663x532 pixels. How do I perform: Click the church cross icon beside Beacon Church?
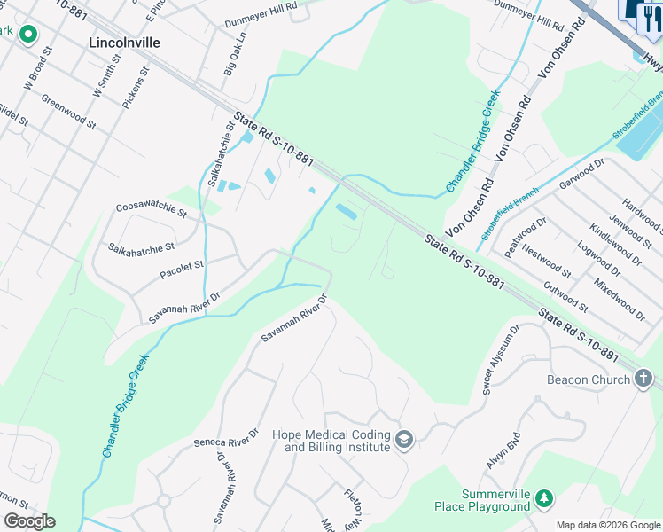(644, 379)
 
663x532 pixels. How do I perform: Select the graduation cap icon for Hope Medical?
(404, 440)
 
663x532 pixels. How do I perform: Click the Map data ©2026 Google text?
(608, 525)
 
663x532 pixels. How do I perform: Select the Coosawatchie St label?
(152, 211)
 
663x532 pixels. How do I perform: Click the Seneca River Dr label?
(226, 436)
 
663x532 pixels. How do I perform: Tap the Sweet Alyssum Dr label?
(499, 358)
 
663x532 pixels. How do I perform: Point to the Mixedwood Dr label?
(619, 298)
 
